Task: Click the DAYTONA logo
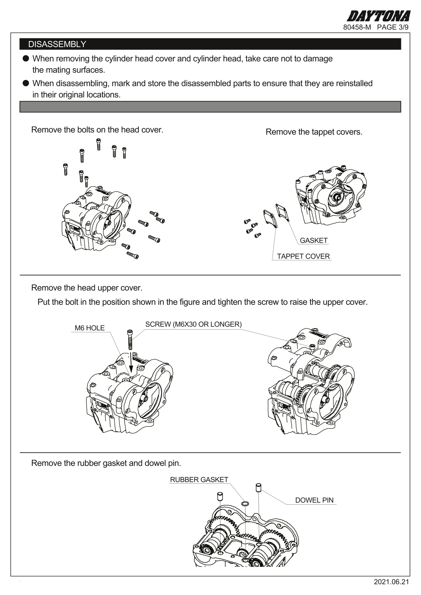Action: pyautogui.click(x=378, y=16)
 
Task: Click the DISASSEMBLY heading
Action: pyautogui.click(x=57, y=44)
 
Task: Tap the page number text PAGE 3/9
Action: pyautogui.click(x=392, y=27)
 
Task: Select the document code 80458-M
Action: pyautogui.click(x=357, y=27)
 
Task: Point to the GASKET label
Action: pyautogui.click(x=313, y=240)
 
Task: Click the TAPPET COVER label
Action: pyautogui.click(x=303, y=256)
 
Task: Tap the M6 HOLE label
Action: pyautogui.click(x=90, y=328)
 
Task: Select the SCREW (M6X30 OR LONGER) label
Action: pyautogui.click(x=193, y=324)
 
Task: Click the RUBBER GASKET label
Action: pyautogui.click(x=199, y=480)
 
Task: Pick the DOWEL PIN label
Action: pyautogui.click(x=314, y=500)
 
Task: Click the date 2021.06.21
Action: pyautogui.click(x=391, y=582)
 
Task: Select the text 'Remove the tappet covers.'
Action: pyautogui.click(x=314, y=132)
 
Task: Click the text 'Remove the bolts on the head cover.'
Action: pyautogui.click(x=97, y=130)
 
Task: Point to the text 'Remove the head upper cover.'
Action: pyautogui.click(x=87, y=288)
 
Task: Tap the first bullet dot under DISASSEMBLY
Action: pyautogui.click(x=25, y=59)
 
